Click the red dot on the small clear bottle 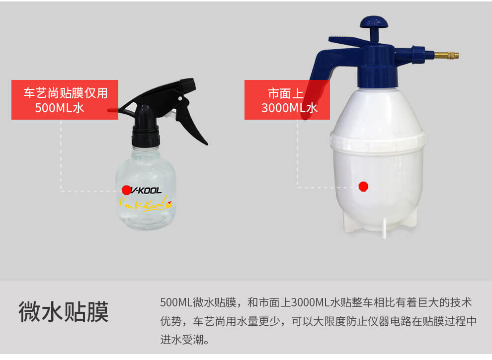pos(126,190)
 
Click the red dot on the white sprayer pos(363,187)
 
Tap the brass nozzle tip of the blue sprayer pos(446,56)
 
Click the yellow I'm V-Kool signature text pos(146,204)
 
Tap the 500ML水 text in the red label pos(59,108)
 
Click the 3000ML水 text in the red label pos(289,108)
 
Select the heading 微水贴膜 pos(64,311)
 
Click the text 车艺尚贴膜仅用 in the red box pos(66,93)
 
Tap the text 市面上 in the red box pos(286,93)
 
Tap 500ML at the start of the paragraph pos(176,302)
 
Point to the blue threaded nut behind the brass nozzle pos(418,55)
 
